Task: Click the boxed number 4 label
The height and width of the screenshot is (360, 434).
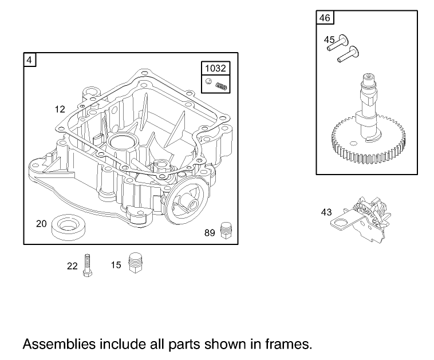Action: coord(29,59)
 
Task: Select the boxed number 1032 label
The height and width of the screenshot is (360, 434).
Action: coord(215,68)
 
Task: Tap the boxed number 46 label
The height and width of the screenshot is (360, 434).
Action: coord(324,18)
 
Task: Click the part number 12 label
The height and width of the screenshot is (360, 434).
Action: coord(60,108)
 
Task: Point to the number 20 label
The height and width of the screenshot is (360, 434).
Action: coord(41,224)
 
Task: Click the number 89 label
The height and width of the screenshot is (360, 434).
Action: coord(210,232)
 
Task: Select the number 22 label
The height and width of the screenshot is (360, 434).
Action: coord(72,266)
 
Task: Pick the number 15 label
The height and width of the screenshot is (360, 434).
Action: coord(116,265)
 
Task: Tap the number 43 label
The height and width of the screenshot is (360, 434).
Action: coord(326,212)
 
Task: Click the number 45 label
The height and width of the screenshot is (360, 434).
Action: coord(329,39)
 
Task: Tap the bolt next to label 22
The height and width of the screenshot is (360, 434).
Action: coord(87,265)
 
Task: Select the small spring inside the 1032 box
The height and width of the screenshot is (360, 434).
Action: coord(222,86)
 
